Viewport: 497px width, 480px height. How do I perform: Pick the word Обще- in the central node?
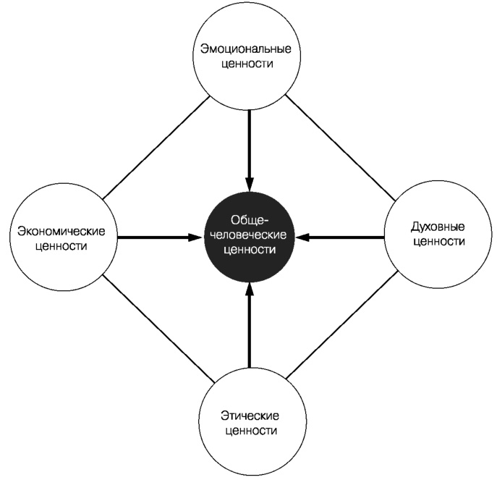pos(249,220)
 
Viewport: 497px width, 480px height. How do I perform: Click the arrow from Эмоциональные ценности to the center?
pos(249,145)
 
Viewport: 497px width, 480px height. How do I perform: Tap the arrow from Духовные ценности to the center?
pos(340,237)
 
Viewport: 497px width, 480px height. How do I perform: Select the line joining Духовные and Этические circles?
pos(340,325)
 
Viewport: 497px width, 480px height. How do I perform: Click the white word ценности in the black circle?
pos(249,248)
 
